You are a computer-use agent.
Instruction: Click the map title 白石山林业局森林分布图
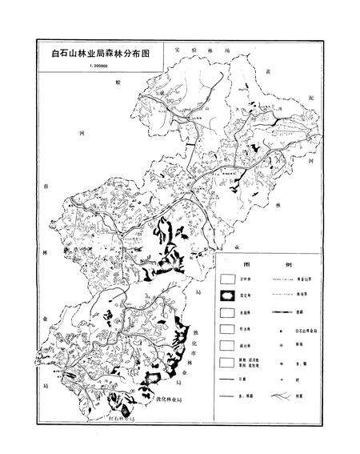(99, 57)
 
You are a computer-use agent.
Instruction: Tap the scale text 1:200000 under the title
(94, 69)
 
